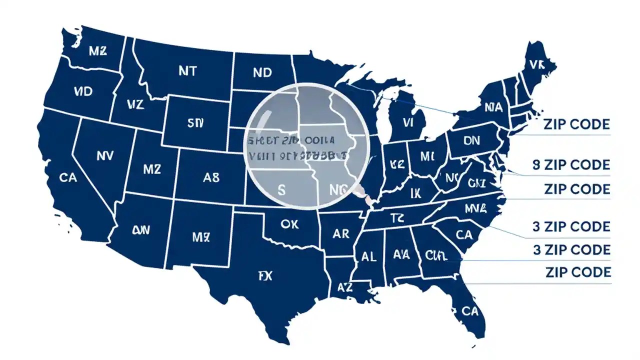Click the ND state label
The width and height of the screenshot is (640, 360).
262,72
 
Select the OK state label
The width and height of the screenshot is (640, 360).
289,224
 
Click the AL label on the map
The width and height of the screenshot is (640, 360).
368,256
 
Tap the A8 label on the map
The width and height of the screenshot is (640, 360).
211,177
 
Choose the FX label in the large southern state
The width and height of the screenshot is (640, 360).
265,276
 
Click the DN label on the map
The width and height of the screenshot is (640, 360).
471,141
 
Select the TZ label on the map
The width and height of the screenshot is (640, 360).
396,217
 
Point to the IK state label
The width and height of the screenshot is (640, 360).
416,193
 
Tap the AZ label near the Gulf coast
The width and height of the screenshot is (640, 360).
344,287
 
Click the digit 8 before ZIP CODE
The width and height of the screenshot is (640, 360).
536,165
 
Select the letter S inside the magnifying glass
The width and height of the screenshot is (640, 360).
281,190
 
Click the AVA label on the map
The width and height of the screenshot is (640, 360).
401,255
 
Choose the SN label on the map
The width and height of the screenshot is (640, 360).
193,123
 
